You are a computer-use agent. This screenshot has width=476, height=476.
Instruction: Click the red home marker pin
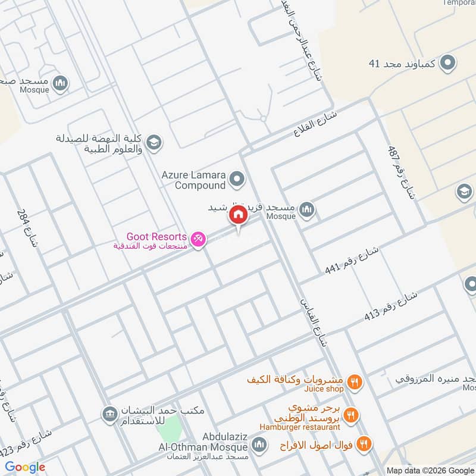pos(238,215)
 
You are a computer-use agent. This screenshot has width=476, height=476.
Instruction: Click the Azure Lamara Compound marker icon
pos(237,178)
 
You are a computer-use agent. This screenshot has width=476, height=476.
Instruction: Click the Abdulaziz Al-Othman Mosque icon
pos(259,444)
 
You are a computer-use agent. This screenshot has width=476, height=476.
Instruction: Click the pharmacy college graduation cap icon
pos(154,142)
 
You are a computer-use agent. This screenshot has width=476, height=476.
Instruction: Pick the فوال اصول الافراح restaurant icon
pos(365,443)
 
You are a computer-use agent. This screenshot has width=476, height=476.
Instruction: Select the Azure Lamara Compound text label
pos(193,180)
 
